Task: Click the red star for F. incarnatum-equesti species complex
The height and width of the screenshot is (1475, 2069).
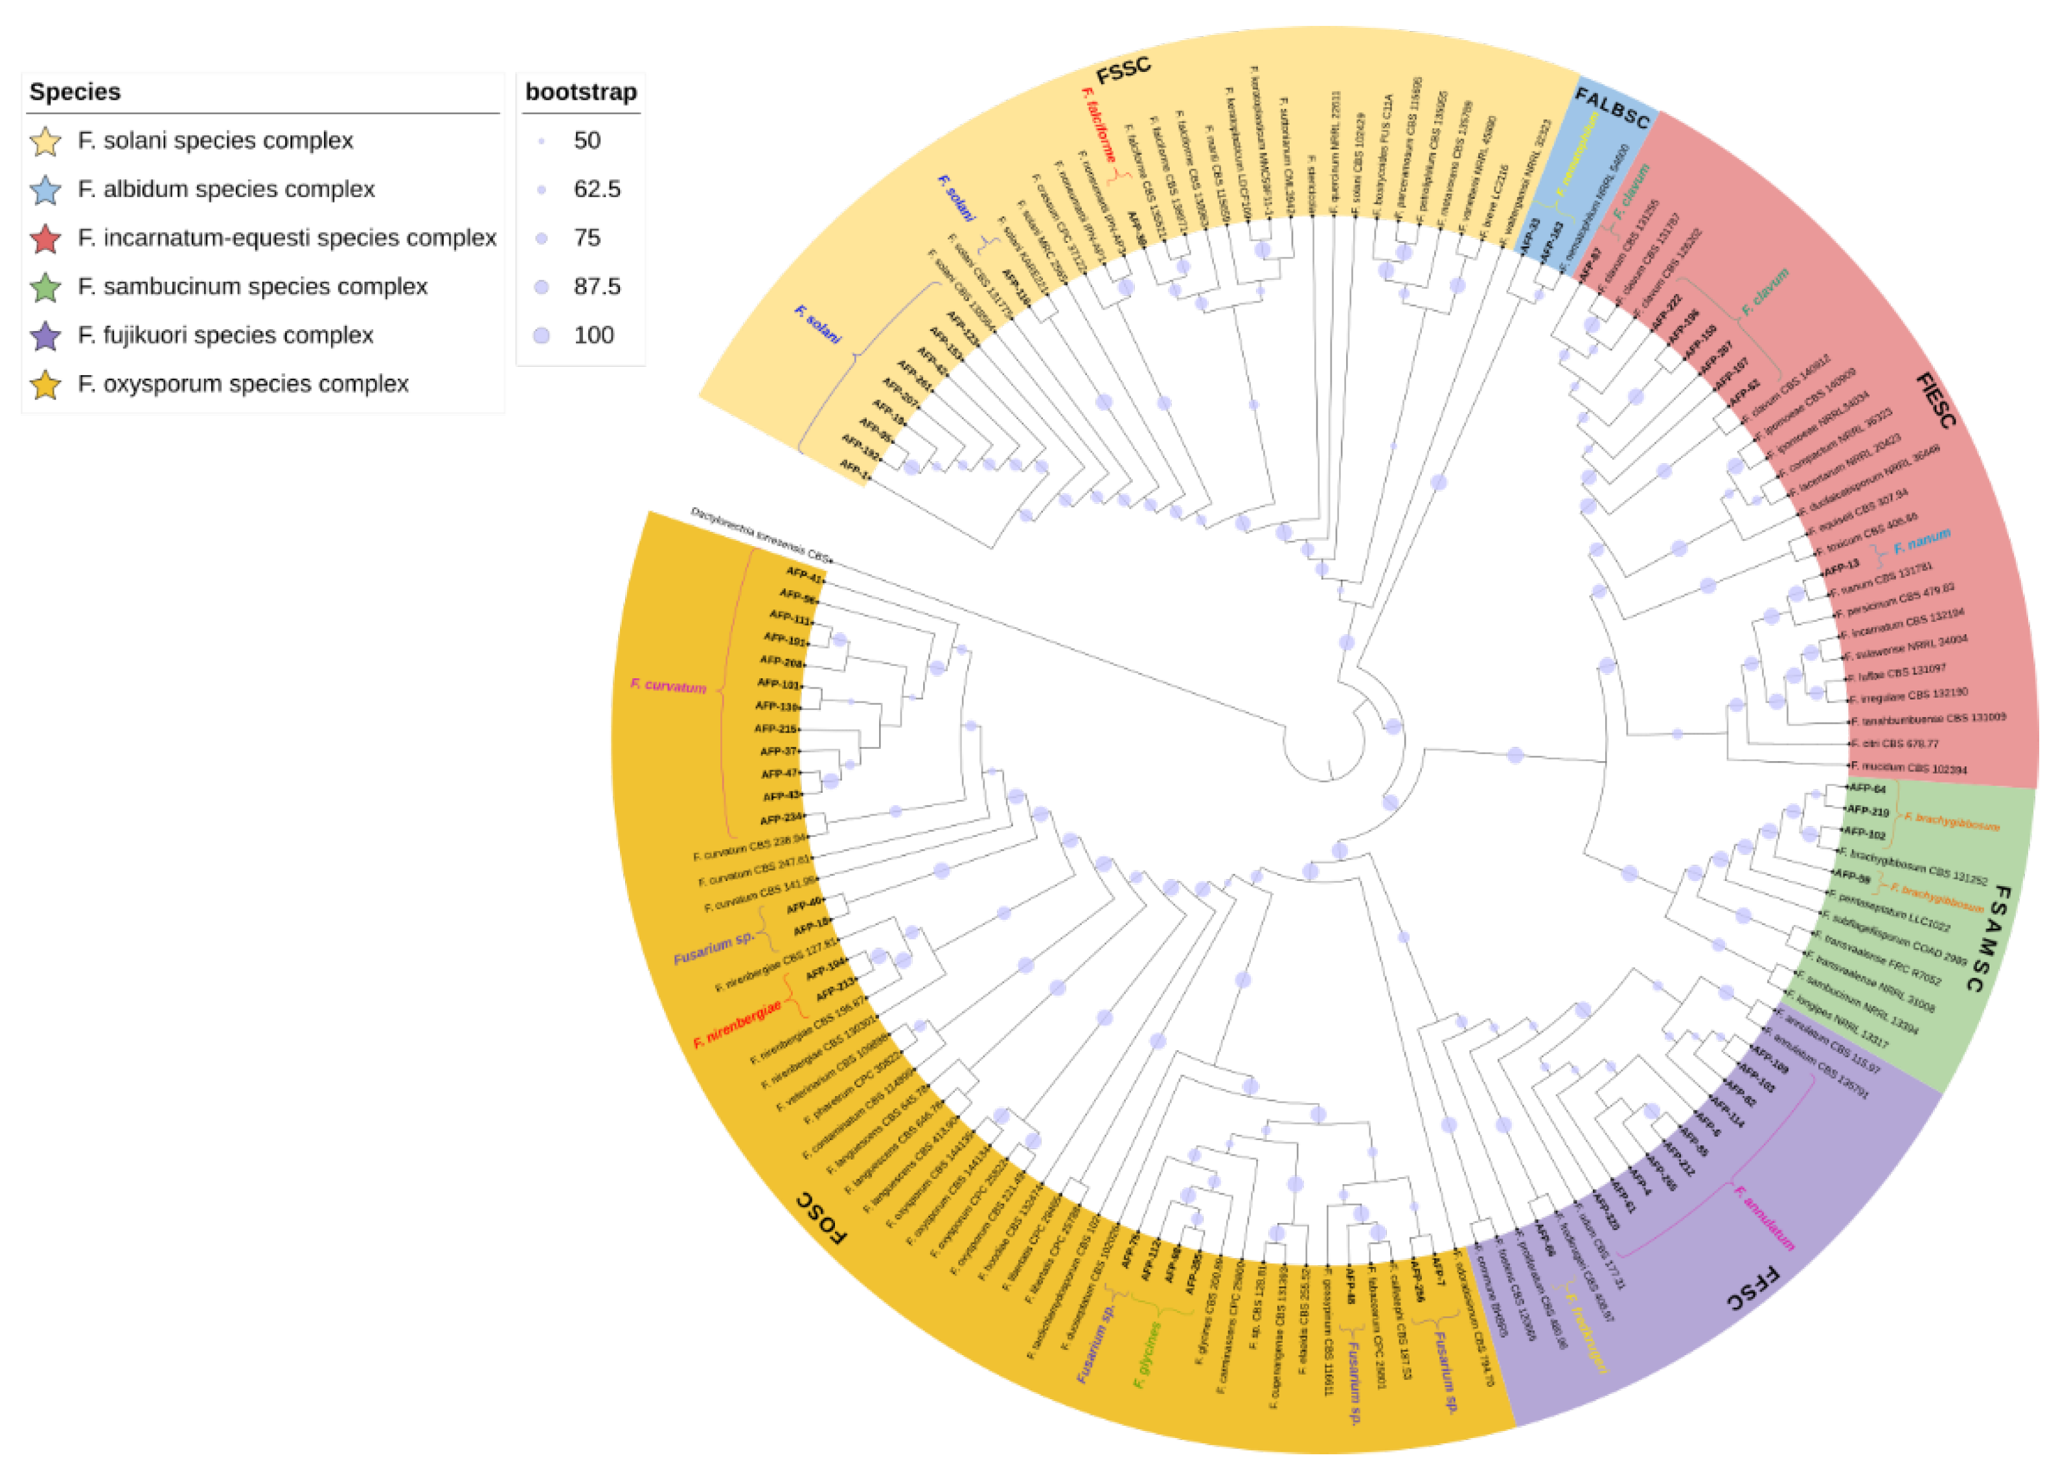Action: pyautogui.click(x=45, y=239)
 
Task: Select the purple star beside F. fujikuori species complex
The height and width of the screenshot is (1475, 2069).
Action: pyautogui.click(x=45, y=336)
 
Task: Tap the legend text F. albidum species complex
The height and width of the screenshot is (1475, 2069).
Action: pyautogui.click(x=226, y=189)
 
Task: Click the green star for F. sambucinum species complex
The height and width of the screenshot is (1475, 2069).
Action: pyautogui.click(x=45, y=287)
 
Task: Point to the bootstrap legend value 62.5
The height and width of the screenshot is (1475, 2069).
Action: pyautogui.click(x=597, y=189)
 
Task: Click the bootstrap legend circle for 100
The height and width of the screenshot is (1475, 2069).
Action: pyautogui.click(x=542, y=335)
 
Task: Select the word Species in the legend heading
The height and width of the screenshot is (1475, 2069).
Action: pyautogui.click(x=74, y=92)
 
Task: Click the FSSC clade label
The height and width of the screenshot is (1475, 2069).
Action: pyautogui.click(x=1123, y=70)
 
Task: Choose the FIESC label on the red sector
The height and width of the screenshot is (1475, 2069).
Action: pyautogui.click(x=1936, y=400)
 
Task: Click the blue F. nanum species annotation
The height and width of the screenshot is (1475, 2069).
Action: pyautogui.click(x=1922, y=542)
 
